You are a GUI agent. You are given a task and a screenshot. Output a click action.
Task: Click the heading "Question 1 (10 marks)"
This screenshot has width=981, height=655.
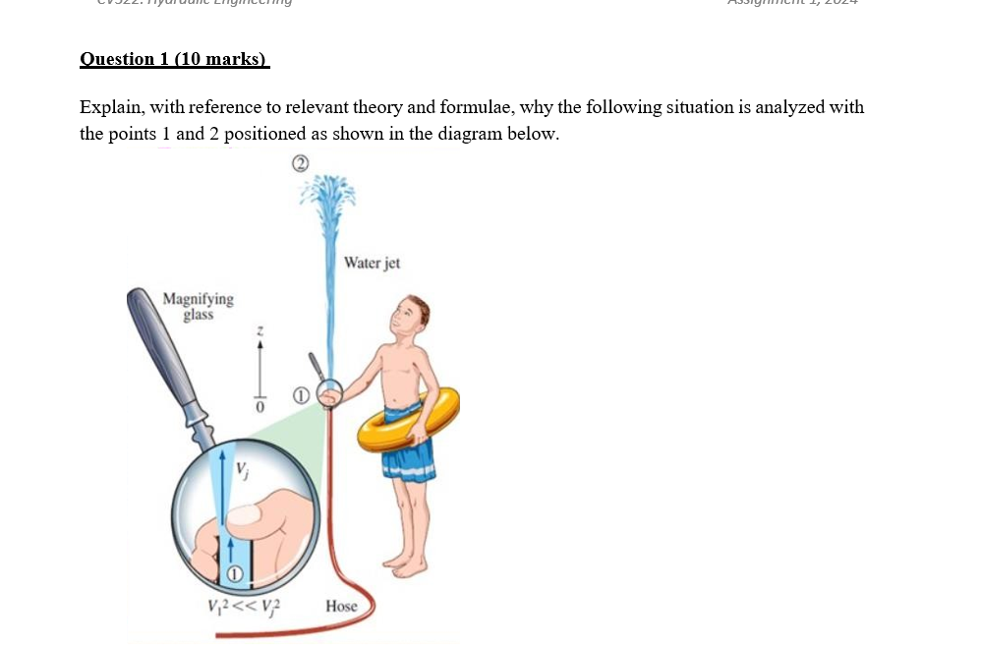pyautogui.click(x=174, y=59)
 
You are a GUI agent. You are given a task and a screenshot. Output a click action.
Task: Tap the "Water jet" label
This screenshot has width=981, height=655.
pyautogui.click(x=372, y=264)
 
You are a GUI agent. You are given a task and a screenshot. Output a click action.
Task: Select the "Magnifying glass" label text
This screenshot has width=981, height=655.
pyautogui.click(x=198, y=306)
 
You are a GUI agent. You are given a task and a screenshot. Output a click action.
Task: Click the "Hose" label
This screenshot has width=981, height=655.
pyautogui.click(x=341, y=606)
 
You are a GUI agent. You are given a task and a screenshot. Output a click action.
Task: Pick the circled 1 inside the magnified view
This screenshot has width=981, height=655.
pyautogui.click(x=234, y=573)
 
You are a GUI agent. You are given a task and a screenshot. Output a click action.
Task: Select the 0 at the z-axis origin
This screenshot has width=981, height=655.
pyautogui.click(x=260, y=404)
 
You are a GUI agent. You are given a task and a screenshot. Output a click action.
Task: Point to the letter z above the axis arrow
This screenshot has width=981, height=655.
pyautogui.click(x=260, y=330)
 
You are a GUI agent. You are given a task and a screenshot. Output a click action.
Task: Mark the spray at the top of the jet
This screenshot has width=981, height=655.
pyautogui.click(x=327, y=197)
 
